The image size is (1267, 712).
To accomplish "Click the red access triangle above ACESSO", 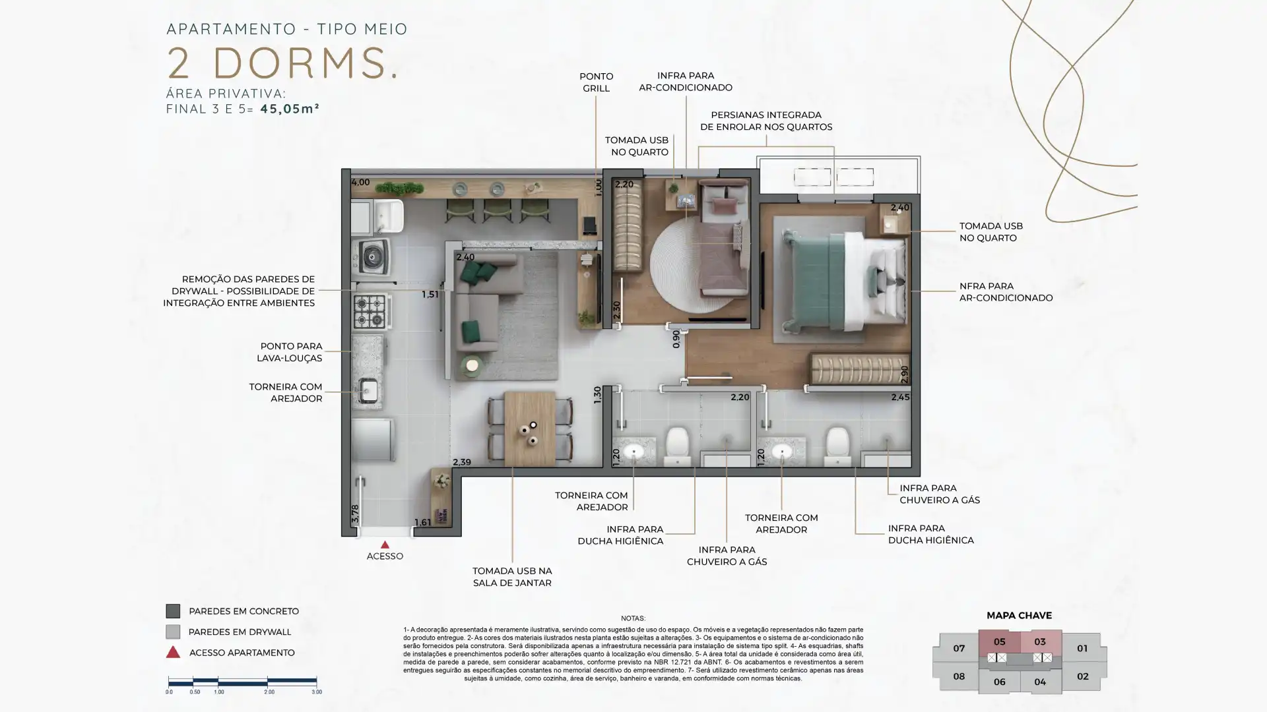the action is coord(385,545).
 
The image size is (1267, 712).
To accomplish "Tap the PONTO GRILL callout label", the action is coord(596,82).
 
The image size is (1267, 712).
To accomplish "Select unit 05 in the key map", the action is coord(999,641).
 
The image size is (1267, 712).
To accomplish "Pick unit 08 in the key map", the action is coord(959,676).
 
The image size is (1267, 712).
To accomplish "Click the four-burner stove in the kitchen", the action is coord(370,312).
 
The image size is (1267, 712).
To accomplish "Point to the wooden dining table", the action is coord(529,429).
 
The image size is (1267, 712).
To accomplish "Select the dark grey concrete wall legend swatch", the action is coord(173,611).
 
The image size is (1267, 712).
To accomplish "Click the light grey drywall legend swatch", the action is coord(173,632).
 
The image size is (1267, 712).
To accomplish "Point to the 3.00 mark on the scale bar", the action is coord(317,692).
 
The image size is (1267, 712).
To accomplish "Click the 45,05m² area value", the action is coord(290,109).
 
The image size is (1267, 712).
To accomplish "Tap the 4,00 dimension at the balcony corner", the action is coord(360,183).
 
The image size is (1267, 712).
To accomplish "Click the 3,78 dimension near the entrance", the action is coord(355,514).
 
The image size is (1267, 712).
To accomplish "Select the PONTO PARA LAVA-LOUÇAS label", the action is coord(291,352).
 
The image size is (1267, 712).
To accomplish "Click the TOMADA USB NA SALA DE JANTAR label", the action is coord(512,577).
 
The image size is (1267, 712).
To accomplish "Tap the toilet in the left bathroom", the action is coord(677,445).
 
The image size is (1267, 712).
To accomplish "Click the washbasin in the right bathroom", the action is coord(782,452).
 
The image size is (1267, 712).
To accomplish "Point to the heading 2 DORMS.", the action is coord(282,63).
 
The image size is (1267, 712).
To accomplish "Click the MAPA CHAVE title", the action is coord(1019,616).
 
